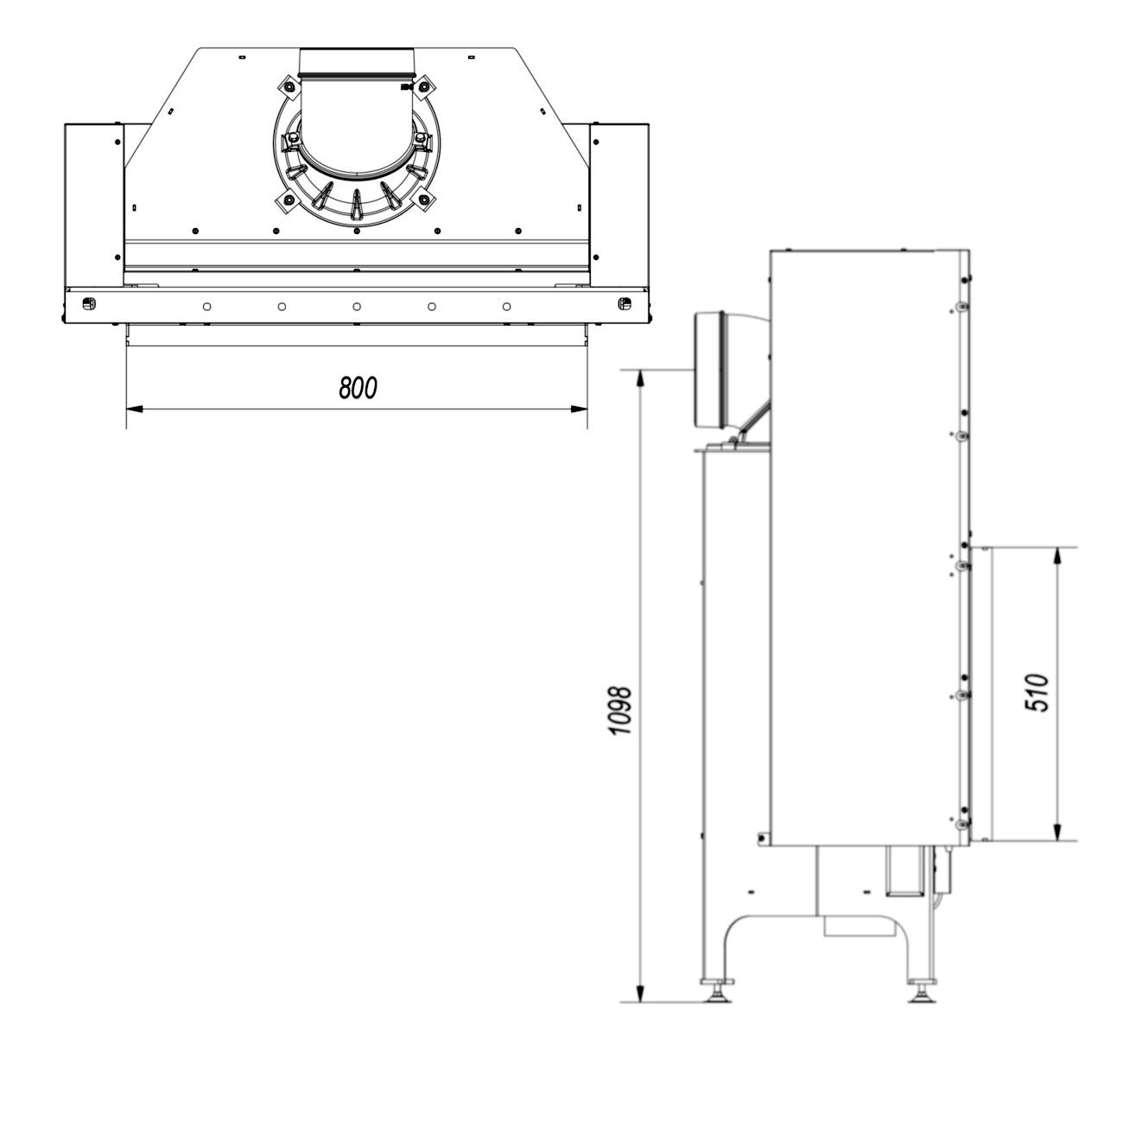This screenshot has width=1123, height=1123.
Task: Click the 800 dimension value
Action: point(358,388)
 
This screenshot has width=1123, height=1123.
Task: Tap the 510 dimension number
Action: point(1037,693)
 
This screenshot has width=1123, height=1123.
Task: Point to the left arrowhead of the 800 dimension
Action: point(135,409)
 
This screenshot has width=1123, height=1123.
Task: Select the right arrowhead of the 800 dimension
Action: point(579,409)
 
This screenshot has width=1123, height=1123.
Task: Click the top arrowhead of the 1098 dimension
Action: point(640,378)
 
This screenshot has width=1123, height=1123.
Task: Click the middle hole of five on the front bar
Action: point(357,307)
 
